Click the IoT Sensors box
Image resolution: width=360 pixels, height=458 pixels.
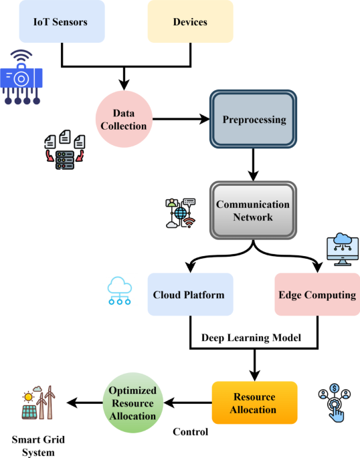click(x=62, y=22)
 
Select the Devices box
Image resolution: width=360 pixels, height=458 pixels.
click(x=190, y=22)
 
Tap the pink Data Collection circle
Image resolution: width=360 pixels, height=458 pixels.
click(x=124, y=120)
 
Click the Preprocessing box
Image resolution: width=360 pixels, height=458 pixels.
click(x=254, y=120)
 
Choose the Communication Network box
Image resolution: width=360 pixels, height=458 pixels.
click(x=253, y=209)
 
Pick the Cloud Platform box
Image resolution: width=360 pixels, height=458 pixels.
click(x=190, y=294)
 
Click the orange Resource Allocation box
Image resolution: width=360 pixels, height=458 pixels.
click(x=254, y=403)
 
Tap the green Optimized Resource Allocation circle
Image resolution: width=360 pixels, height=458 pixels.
click(x=132, y=403)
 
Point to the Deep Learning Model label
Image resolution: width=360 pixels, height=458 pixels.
click(x=254, y=338)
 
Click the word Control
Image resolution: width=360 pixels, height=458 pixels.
click(x=191, y=432)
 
